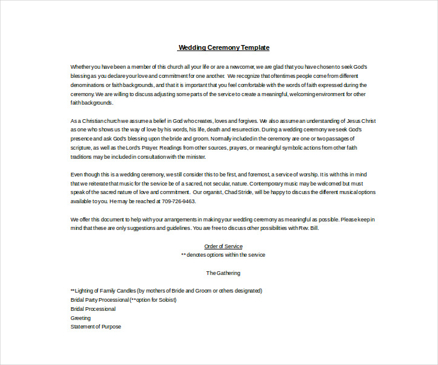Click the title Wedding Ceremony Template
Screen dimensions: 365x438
point(224,47)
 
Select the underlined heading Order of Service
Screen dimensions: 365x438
point(223,246)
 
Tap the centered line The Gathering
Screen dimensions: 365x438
point(223,273)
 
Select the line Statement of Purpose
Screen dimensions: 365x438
point(96,327)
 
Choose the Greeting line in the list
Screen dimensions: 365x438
point(80,318)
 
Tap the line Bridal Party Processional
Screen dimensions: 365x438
point(100,300)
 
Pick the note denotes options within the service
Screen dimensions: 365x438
point(223,255)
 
